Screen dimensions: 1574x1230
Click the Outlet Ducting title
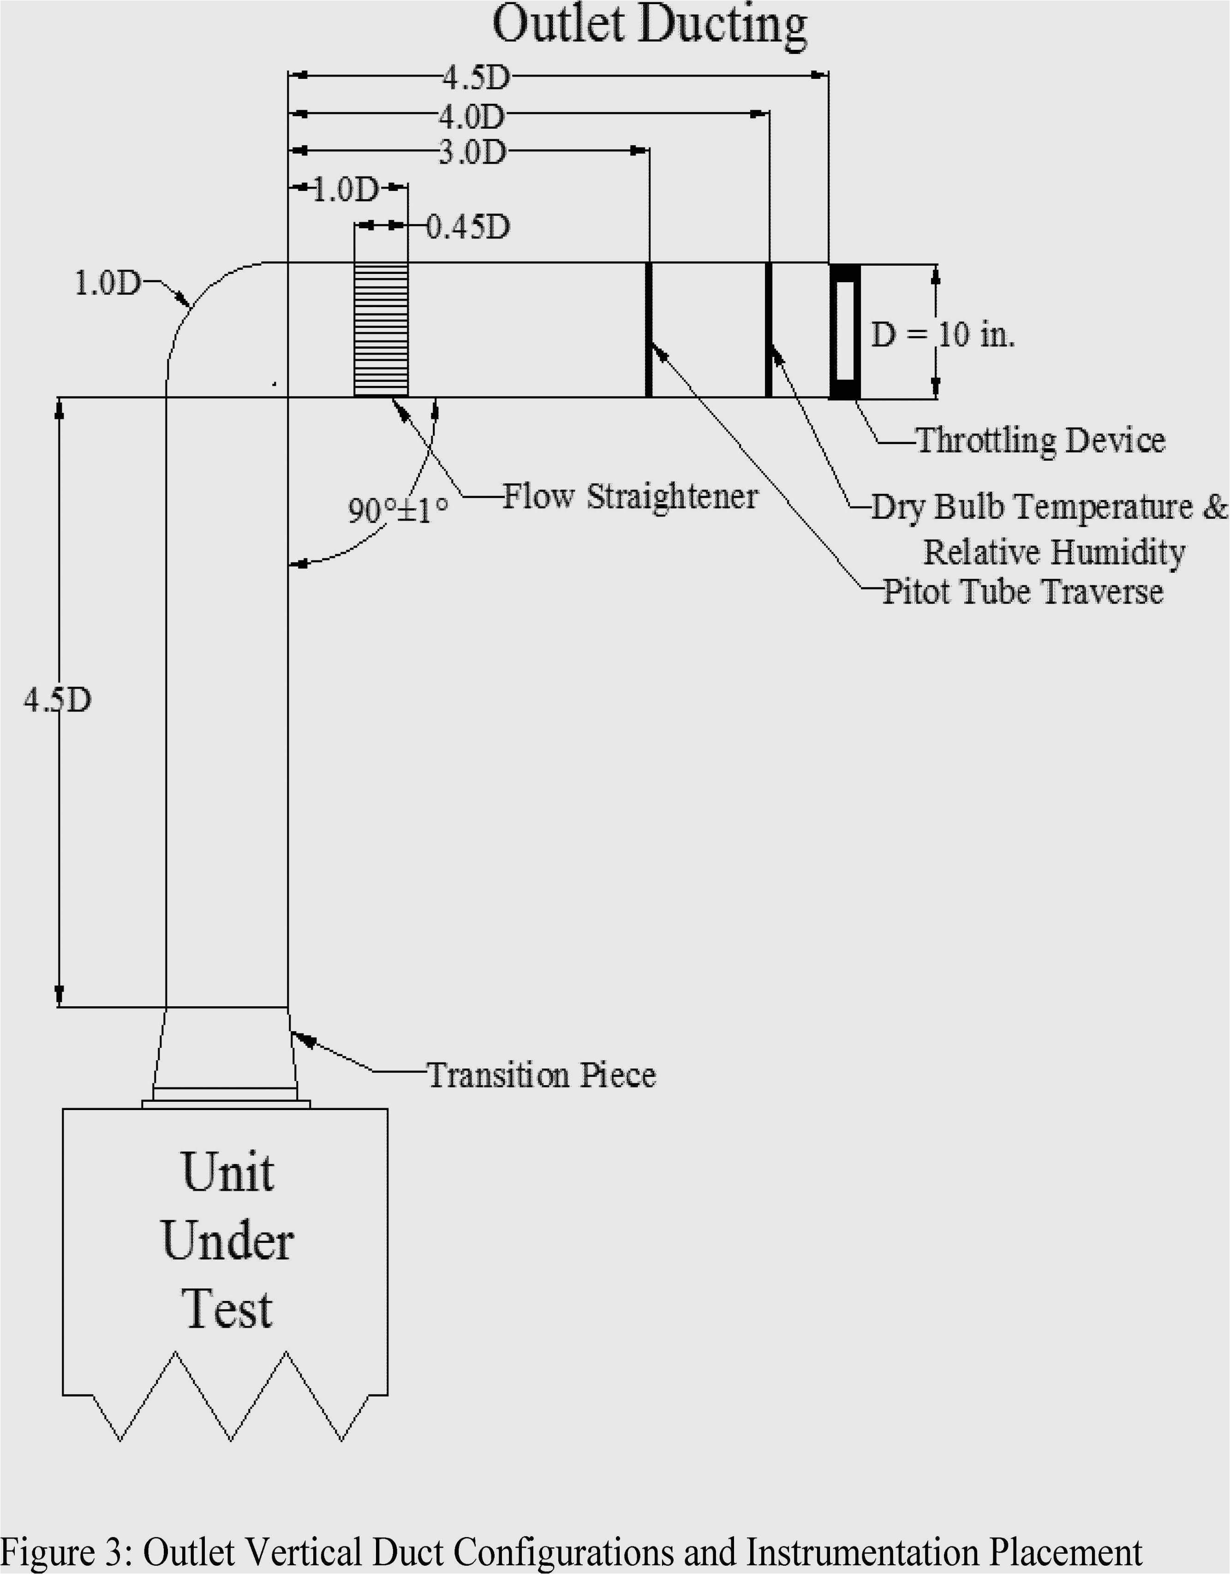[x=649, y=26]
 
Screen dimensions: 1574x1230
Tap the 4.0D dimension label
[x=472, y=115]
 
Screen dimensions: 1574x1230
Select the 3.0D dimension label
[x=473, y=152]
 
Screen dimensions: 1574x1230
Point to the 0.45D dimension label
[x=468, y=227]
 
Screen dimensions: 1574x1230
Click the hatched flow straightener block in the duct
[x=381, y=329]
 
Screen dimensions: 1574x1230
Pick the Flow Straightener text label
[x=629, y=497]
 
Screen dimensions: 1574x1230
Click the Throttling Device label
[x=1039, y=440]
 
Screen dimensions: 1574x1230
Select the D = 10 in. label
[x=942, y=334]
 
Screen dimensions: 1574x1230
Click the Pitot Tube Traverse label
[x=1022, y=592]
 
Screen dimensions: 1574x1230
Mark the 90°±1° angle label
[x=397, y=510]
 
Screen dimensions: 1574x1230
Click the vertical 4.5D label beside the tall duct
[x=58, y=700]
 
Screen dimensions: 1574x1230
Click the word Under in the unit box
[x=227, y=1241]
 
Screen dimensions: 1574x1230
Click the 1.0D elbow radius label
[x=108, y=283]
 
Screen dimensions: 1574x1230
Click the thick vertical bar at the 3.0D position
[x=648, y=329]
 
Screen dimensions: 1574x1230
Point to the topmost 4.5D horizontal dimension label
[x=476, y=77]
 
